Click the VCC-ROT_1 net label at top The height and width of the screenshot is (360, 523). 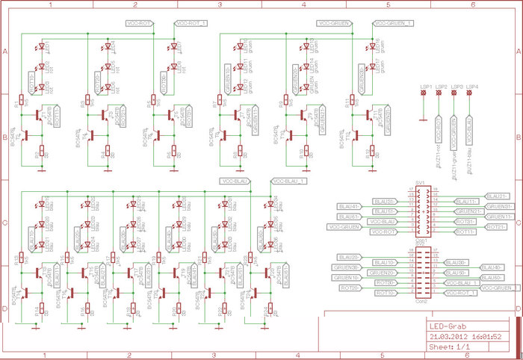point(191,24)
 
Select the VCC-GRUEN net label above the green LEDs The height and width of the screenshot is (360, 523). point(335,24)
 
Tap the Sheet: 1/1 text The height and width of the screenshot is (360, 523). point(450,347)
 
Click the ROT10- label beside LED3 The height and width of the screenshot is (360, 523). point(31,82)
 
